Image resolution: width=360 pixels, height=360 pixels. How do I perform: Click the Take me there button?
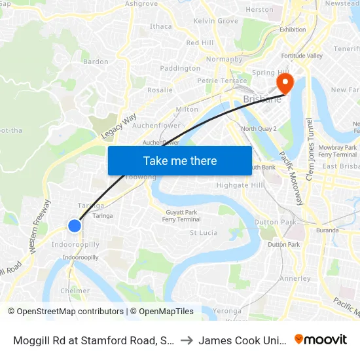(180, 160)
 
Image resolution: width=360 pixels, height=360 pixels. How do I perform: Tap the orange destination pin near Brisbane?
(285, 84)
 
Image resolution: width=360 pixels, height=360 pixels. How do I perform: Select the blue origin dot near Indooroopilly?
(75, 225)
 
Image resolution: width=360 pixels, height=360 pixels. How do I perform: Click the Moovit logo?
(321, 339)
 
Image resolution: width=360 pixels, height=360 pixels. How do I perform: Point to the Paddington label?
(180, 68)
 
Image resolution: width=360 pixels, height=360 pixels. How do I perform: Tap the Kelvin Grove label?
(216, 21)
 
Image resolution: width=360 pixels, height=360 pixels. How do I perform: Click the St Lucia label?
(203, 232)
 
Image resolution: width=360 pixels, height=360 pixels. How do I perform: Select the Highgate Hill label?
(240, 185)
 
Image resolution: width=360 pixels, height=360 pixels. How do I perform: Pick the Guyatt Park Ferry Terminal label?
(181, 215)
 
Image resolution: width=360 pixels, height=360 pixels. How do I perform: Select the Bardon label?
(96, 62)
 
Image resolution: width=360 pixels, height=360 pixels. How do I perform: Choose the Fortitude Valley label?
(302, 56)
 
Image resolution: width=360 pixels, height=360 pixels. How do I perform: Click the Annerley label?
(295, 278)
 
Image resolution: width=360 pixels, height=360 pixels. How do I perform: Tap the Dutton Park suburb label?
(266, 222)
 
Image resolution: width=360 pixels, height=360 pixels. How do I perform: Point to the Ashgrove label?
(141, 4)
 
